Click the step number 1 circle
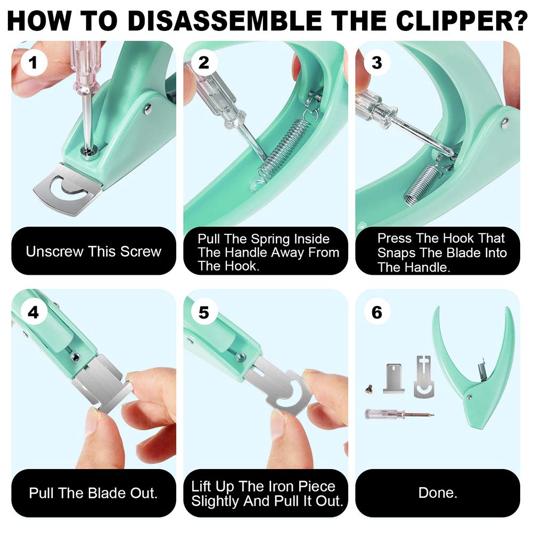pos(33,63)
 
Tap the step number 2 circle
pos(204,63)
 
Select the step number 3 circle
pos(376,63)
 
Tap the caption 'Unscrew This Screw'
pos(93,251)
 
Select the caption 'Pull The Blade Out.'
pos(93,493)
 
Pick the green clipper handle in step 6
pos(474,367)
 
